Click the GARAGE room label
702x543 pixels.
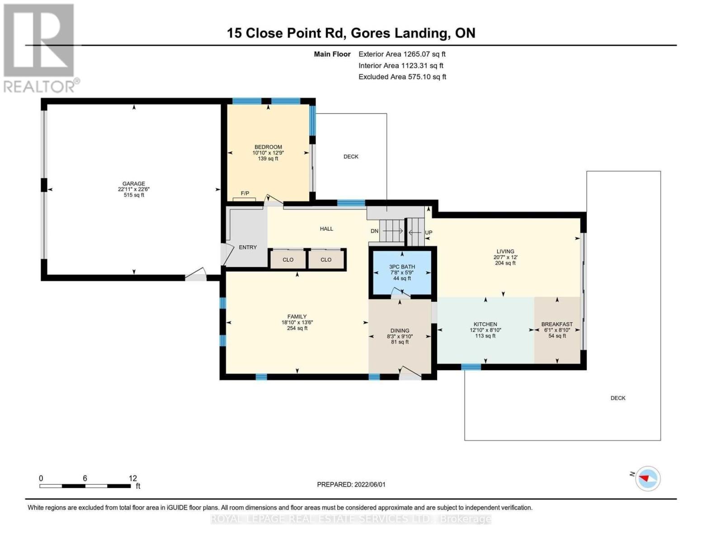(x=133, y=184)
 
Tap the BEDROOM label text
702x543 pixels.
(x=268, y=147)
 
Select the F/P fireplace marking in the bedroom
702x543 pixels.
(x=245, y=194)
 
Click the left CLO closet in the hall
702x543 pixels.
(x=288, y=260)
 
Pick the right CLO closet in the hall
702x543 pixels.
(x=326, y=260)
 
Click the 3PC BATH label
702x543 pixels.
(x=402, y=267)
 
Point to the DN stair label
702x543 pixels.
(x=374, y=231)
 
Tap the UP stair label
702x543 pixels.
(x=429, y=233)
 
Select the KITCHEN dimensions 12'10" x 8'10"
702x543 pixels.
(x=485, y=330)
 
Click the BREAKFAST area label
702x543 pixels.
(x=557, y=324)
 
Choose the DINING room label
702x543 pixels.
(x=400, y=331)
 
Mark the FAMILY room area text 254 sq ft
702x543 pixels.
(x=297, y=329)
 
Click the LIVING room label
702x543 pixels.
(x=505, y=252)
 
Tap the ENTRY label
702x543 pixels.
(x=248, y=248)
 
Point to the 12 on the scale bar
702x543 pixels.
(x=132, y=478)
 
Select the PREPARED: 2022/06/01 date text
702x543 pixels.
(x=351, y=485)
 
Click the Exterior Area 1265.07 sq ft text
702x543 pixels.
(x=402, y=54)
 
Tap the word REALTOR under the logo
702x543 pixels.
(x=40, y=86)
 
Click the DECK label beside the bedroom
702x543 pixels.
(x=351, y=157)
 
